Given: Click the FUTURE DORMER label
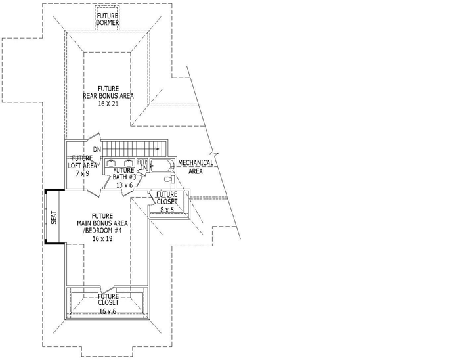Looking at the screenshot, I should pos(108,19).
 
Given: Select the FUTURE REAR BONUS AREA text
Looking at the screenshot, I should pos(109,92).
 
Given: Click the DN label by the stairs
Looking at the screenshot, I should pos(97,150).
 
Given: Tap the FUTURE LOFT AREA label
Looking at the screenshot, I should pos(83,162).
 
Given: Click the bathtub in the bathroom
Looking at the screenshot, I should pos(160,166).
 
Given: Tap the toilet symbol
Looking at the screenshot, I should pos(167,179).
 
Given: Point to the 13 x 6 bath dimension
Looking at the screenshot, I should pos(125,186).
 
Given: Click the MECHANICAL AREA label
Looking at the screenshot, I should pos(196,166).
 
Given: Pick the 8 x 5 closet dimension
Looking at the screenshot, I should pos(167,210).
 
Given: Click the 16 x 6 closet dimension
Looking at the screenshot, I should pos(108,311).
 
